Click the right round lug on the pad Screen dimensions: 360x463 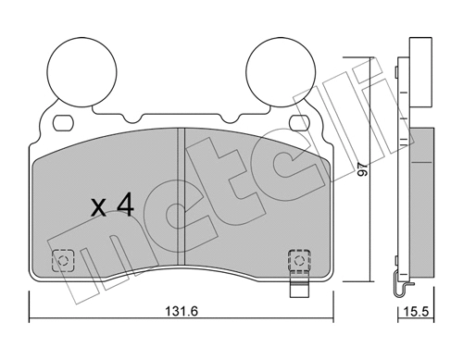(282, 70)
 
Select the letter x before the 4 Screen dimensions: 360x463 (98, 208)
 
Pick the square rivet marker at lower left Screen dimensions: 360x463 (63, 260)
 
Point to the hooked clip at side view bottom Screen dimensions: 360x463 (399, 288)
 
